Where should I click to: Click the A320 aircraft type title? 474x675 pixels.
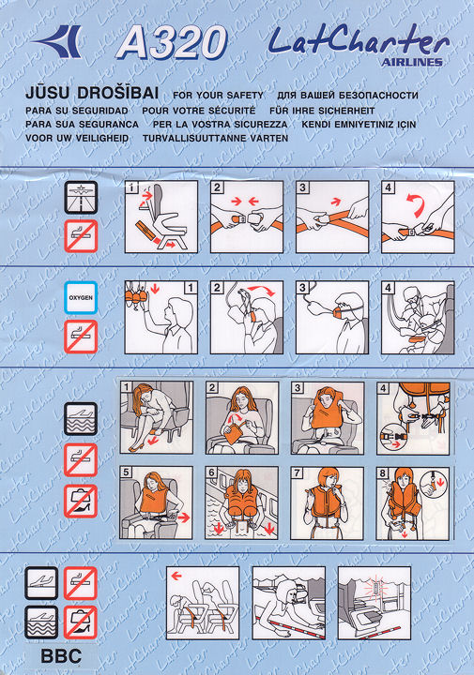[x=172, y=42]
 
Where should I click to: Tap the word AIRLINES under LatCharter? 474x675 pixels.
[x=411, y=62]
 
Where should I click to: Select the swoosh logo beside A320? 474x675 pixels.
[x=58, y=41]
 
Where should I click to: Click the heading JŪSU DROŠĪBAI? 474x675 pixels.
[x=92, y=93]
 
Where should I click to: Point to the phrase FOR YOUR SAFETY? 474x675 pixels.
[x=218, y=95]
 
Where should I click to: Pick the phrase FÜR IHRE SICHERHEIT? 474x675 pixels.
[x=322, y=111]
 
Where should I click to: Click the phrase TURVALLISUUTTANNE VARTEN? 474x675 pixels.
[x=216, y=138]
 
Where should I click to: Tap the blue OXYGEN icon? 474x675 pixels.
[x=81, y=297]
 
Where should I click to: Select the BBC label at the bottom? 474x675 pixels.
[x=61, y=656]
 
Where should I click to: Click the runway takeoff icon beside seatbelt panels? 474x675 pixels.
[x=81, y=197]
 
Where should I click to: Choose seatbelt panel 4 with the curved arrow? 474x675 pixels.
[x=418, y=217]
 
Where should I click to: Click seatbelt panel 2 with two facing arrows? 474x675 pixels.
[x=247, y=217]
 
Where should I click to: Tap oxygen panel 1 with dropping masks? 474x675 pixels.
[x=161, y=317]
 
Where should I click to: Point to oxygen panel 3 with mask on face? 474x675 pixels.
[x=332, y=317]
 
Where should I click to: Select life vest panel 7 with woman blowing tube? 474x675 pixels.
[x=327, y=503]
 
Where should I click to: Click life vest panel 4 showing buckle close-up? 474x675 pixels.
[x=413, y=418]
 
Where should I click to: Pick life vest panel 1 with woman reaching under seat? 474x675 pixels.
[x=157, y=417]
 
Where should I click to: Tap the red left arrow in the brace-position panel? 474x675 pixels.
[x=176, y=576]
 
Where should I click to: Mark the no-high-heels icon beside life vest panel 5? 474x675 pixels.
[x=81, y=501]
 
